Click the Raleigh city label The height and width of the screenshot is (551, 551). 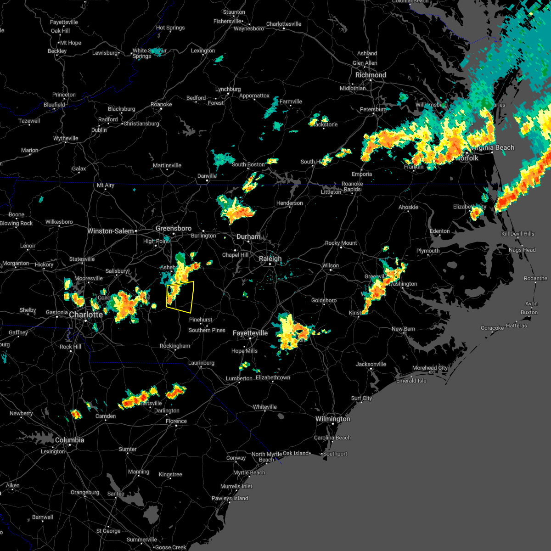point(270,259)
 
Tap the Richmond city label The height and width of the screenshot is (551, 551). point(371,75)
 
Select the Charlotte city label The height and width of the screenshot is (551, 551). point(86,315)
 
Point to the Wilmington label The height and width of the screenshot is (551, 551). point(332,419)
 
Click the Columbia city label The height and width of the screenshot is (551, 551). point(69,440)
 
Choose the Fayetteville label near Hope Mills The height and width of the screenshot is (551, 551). point(250,333)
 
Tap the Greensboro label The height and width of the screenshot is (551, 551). point(173,228)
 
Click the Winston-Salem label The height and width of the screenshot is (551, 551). point(110,231)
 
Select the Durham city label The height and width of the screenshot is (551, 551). point(248,236)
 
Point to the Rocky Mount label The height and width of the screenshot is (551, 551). point(341,243)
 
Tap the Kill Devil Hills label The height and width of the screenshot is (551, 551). point(517,234)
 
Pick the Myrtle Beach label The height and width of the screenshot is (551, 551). point(249,472)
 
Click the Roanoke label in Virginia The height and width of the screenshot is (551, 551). point(161,104)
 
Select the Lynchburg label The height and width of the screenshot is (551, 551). point(228,89)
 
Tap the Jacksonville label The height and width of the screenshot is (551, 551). point(371,364)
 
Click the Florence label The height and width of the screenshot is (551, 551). point(176,421)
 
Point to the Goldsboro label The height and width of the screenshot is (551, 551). point(324,300)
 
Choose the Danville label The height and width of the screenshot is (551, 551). point(207,176)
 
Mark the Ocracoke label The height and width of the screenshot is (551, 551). point(492,328)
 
